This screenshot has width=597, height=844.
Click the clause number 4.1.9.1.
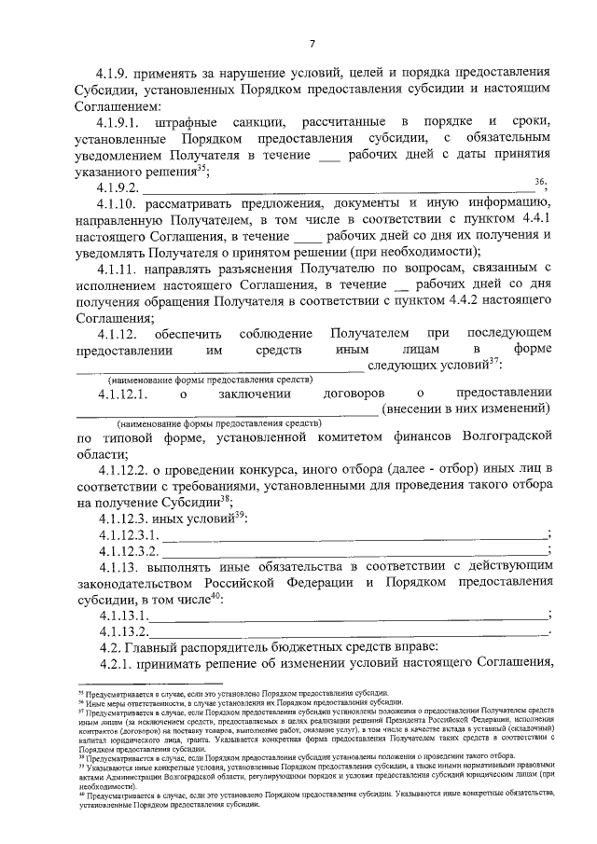123,123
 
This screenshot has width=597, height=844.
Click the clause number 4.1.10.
119,203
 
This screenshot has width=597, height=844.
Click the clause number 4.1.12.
119,333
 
